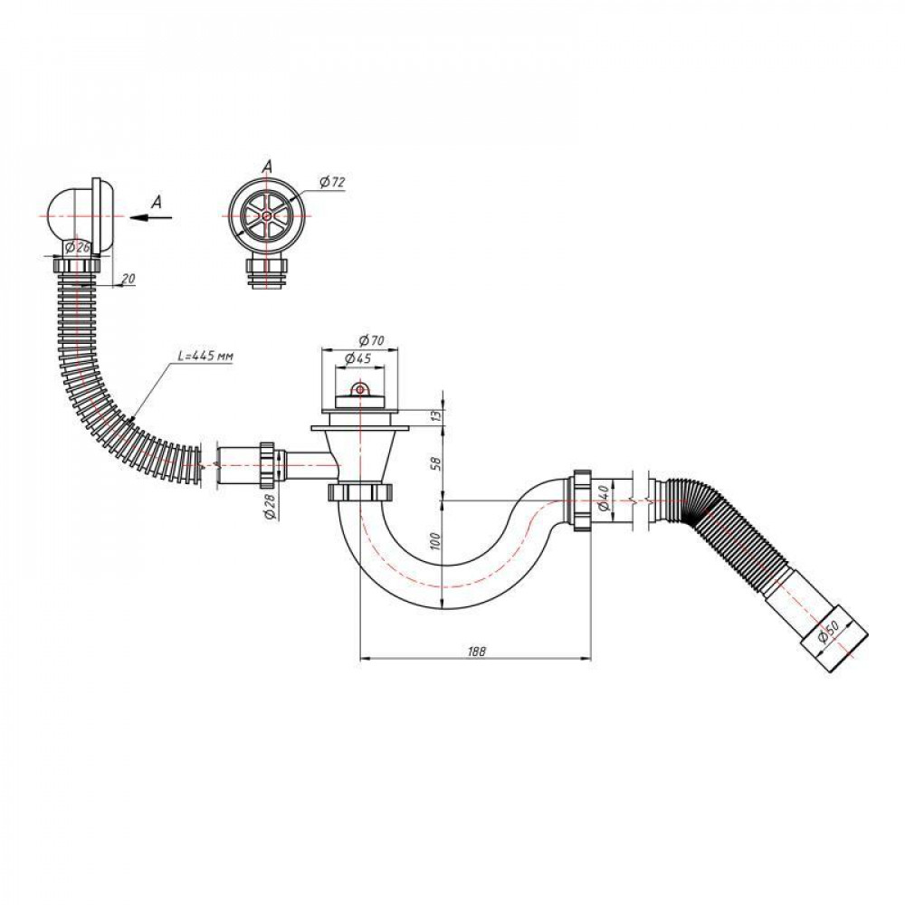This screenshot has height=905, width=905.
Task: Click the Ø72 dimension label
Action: click(x=332, y=183)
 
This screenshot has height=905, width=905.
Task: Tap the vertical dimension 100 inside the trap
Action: click(x=436, y=542)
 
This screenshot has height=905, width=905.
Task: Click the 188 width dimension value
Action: click(x=474, y=651)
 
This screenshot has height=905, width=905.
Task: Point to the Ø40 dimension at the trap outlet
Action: click(x=603, y=497)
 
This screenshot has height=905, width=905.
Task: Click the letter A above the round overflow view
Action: click(x=267, y=166)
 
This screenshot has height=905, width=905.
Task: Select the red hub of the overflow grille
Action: click(x=267, y=217)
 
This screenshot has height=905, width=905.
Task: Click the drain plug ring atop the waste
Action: click(x=360, y=390)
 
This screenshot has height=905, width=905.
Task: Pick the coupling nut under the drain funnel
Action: click(x=359, y=493)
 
